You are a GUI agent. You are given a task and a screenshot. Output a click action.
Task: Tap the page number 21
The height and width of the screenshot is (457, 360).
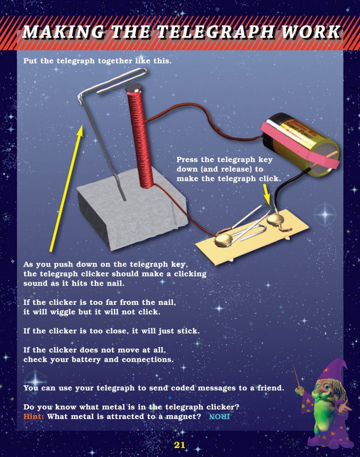tap(180, 445)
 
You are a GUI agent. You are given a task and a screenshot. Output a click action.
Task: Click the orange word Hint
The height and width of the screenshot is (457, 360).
tap(33, 417)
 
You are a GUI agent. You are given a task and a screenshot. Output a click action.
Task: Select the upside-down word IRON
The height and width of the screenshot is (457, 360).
tap(219, 417)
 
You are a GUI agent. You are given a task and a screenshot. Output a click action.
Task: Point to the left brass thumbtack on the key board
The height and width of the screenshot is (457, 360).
tap(223, 240)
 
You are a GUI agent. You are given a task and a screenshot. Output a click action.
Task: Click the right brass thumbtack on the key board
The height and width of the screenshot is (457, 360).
tap(275, 219)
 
